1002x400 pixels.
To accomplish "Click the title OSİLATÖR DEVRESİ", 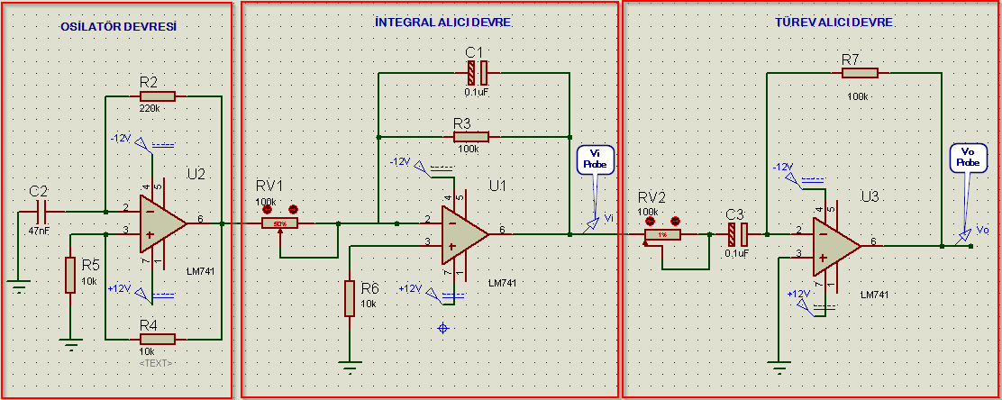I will click(x=117, y=27).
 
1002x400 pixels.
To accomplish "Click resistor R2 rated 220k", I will click(x=158, y=96).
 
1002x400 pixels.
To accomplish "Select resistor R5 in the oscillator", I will click(x=70, y=275).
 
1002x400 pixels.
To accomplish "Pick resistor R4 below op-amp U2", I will click(x=158, y=339).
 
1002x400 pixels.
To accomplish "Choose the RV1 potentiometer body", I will click(x=280, y=223).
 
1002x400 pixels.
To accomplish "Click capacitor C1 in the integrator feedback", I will click(x=477, y=72).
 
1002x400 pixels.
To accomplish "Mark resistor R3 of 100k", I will click(x=470, y=137).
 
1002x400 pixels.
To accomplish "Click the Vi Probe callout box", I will click(x=596, y=160).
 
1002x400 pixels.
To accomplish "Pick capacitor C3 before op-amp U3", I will click(x=737, y=234).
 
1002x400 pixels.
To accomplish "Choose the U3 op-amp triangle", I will click(x=835, y=244).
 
